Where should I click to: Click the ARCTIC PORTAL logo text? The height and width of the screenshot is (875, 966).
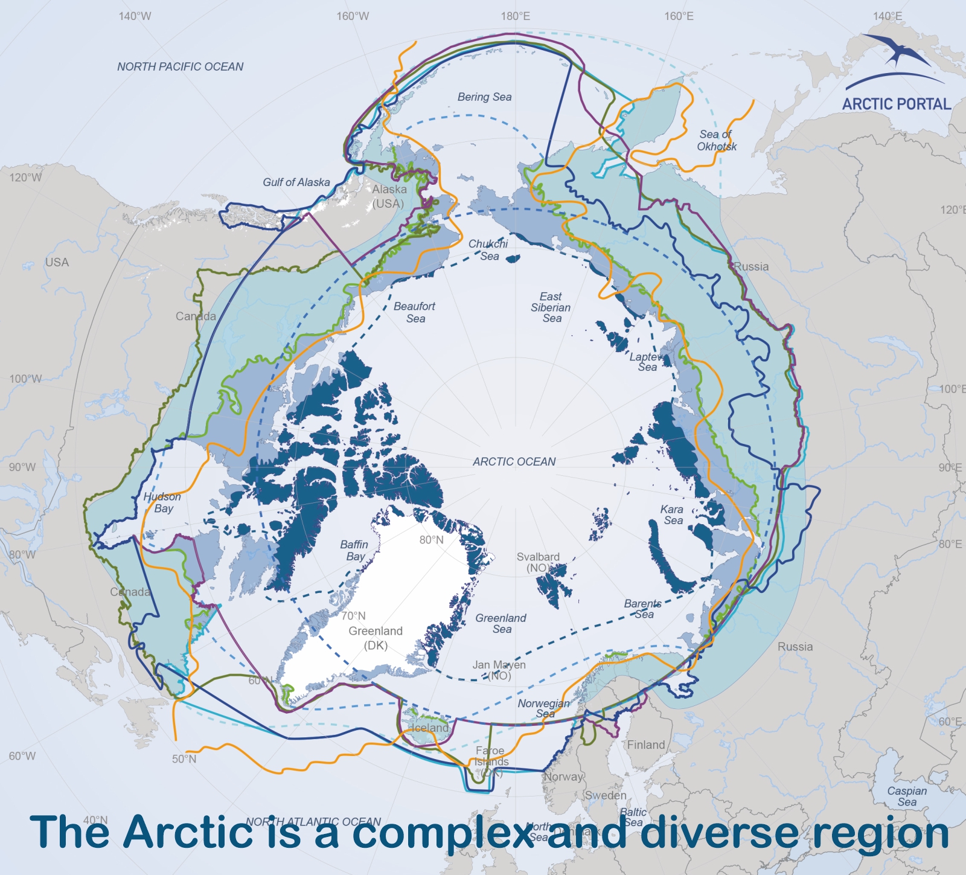(x=896, y=104)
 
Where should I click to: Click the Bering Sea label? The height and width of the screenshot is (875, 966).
(x=484, y=97)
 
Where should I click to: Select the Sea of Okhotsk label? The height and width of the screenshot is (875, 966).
(x=717, y=141)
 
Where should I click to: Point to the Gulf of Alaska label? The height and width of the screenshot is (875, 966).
(x=296, y=182)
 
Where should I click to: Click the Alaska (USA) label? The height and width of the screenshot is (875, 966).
(x=389, y=196)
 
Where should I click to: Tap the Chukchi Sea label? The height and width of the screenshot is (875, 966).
(x=488, y=249)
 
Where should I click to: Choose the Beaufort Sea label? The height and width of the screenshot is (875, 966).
(x=415, y=312)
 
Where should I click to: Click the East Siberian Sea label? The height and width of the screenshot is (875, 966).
(x=551, y=307)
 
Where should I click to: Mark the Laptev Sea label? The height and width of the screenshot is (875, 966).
(x=647, y=362)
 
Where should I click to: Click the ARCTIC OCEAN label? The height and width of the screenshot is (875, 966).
(x=514, y=462)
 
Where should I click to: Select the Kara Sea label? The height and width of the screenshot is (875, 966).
(x=673, y=514)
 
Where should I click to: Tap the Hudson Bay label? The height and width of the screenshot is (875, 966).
(x=162, y=502)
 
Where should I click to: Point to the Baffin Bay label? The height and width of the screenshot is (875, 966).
(x=354, y=550)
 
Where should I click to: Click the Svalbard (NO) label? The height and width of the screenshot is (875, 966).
(x=538, y=562)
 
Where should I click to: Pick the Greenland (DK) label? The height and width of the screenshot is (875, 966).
(x=375, y=638)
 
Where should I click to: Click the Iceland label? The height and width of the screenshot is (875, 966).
(x=430, y=728)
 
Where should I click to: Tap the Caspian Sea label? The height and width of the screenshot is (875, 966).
(x=907, y=796)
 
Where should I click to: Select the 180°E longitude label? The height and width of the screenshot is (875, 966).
(x=515, y=16)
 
